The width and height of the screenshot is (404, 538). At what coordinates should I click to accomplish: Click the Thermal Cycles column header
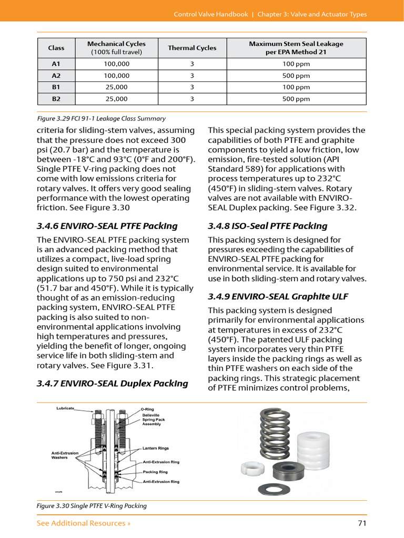[192, 48]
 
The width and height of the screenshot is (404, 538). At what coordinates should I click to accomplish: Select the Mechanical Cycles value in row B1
[116, 87]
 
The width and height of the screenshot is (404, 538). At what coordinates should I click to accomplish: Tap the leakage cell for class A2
[296, 76]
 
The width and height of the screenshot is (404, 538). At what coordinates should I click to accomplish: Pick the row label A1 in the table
[56, 64]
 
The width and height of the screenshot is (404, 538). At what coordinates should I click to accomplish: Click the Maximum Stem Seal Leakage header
[296, 48]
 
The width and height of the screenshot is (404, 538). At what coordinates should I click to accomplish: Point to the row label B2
[56, 99]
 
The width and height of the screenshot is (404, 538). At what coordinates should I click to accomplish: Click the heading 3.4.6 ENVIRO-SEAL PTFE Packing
[107, 226]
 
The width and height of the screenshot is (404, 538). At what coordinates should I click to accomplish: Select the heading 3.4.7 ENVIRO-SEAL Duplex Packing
[112, 383]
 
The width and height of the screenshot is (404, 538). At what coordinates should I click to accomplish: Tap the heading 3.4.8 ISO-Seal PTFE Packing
[267, 226]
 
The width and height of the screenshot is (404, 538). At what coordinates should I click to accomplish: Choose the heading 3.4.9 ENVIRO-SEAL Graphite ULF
[278, 296]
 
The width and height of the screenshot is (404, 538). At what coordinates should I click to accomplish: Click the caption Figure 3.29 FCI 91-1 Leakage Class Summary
[101, 119]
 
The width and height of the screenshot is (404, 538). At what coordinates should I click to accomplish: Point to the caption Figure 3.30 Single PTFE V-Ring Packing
[92, 506]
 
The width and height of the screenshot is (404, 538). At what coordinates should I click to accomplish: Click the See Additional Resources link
[84, 523]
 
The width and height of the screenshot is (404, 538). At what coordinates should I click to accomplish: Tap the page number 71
[361, 523]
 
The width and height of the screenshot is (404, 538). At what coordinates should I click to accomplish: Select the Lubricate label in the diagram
[65, 408]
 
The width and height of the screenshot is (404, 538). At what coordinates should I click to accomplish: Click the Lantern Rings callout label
[155, 448]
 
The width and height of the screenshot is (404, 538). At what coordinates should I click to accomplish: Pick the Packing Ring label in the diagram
[155, 472]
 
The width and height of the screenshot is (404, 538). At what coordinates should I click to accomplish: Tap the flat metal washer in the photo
[274, 488]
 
